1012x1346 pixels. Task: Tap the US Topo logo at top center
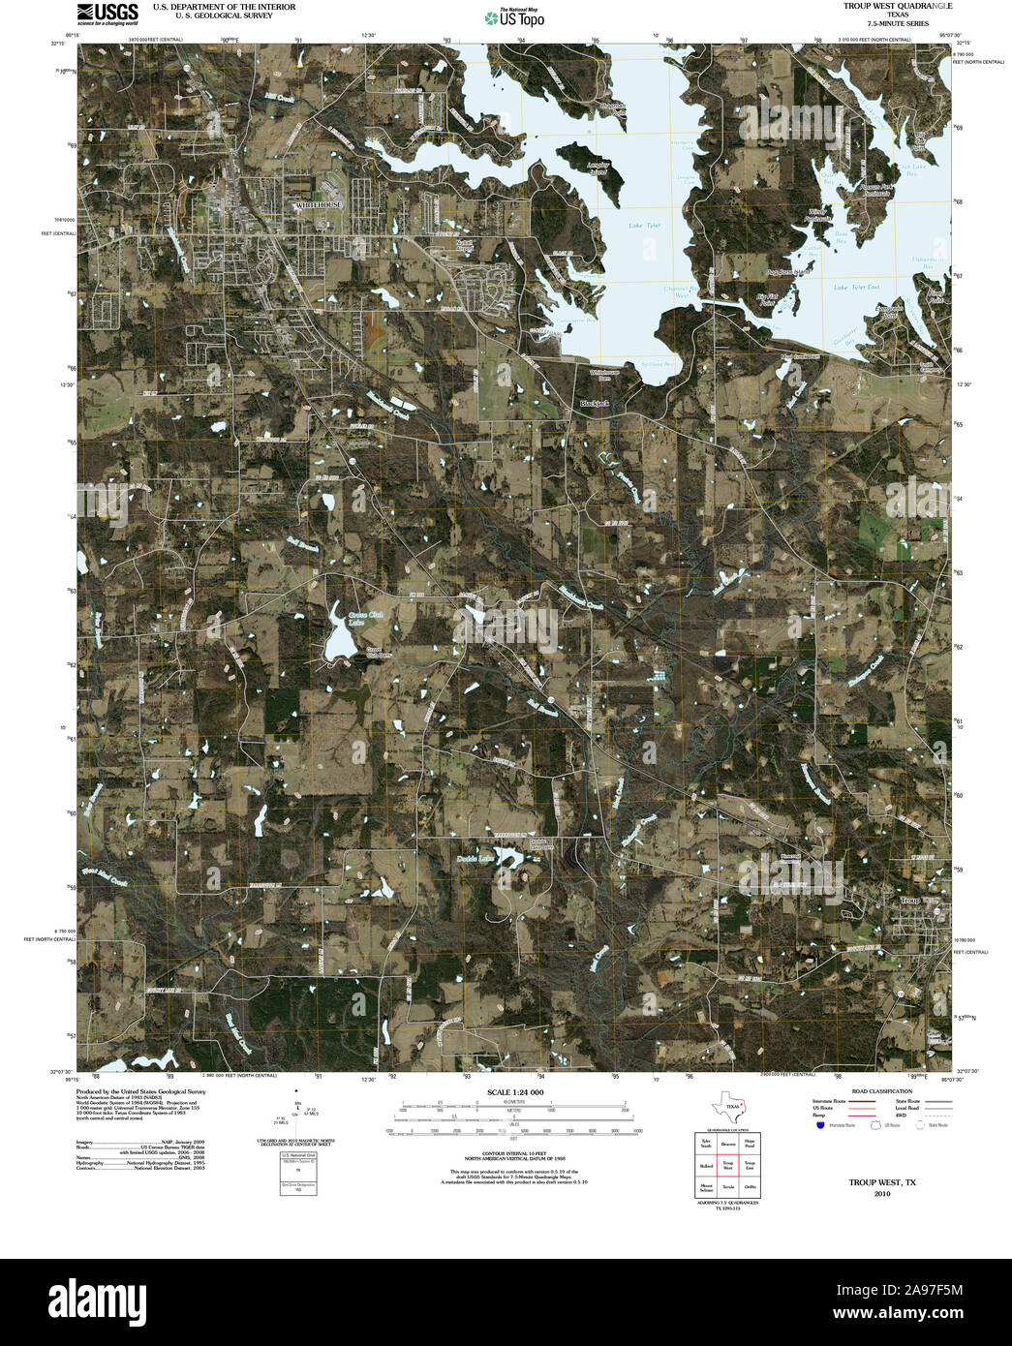(x=514, y=16)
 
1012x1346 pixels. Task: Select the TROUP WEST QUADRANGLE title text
(x=897, y=6)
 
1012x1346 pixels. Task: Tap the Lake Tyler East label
(x=856, y=288)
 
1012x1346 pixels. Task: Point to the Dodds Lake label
(x=475, y=858)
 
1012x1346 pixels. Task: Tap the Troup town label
(x=909, y=901)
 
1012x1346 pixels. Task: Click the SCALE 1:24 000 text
(x=511, y=1092)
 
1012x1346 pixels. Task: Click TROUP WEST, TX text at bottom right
(x=881, y=1182)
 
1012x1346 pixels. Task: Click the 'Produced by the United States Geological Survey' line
(x=141, y=1091)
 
